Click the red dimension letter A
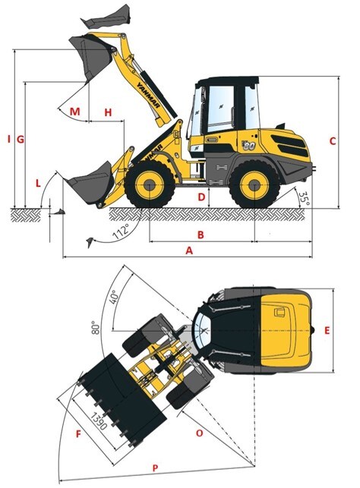tap(189, 250)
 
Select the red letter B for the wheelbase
tap(201, 235)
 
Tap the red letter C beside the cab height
tap(333, 141)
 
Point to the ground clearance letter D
tap(202, 197)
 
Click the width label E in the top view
tap(327, 331)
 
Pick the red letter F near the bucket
tap(78, 434)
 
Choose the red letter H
tap(108, 112)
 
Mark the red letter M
tap(74, 112)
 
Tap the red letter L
tap(38, 184)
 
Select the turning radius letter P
tap(155, 468)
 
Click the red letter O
tap(199, 433)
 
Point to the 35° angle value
tap(304, 199)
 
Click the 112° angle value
tap(121, 231)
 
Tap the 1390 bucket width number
tap(99, 421)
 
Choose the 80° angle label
tap(96, 328)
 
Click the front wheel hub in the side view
tap(150, 185)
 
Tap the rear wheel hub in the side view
tap(254, 185)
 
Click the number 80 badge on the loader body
tap(249, 145)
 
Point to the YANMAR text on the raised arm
tap(148, 95)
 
